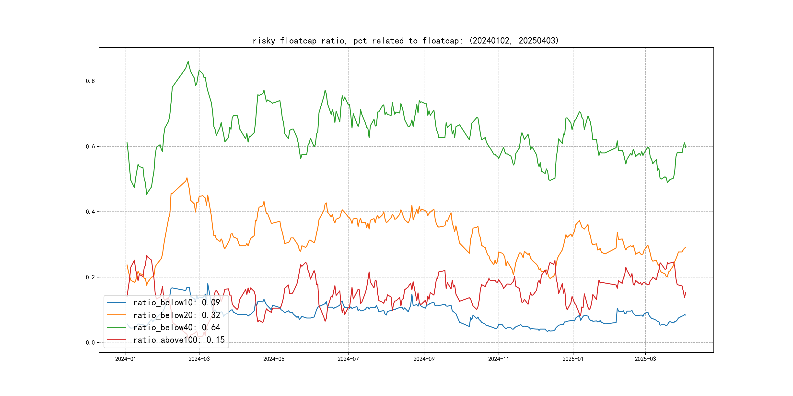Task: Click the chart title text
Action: click(x=405, y=41)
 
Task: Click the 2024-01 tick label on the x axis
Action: click(x=125, y=359)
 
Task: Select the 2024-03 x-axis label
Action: click(x=199, y=359)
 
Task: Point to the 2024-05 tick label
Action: click(x=274, y=359)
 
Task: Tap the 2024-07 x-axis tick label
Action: click(x=348, y=359)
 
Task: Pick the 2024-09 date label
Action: click(x=424, y=359)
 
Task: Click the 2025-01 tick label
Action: click(x=573, y=359)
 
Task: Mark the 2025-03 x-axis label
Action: click(x=645, y=359)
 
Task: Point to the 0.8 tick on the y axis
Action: click(x=90, y=81)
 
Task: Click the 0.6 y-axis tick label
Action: click(x=90, y=146)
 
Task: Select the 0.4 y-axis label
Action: click(x=90, y=212)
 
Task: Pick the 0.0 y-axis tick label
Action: click(x=90, y=343)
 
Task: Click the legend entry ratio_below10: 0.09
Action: click(x=176, y=303)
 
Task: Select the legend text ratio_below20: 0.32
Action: click(x=176, y=315)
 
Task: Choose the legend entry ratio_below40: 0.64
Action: click(x=176, y=328)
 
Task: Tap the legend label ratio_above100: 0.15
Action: click(x=179, y=340)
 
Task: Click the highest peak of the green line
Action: click(x=188, y=62)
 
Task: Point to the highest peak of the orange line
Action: click(x=187, y=178)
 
